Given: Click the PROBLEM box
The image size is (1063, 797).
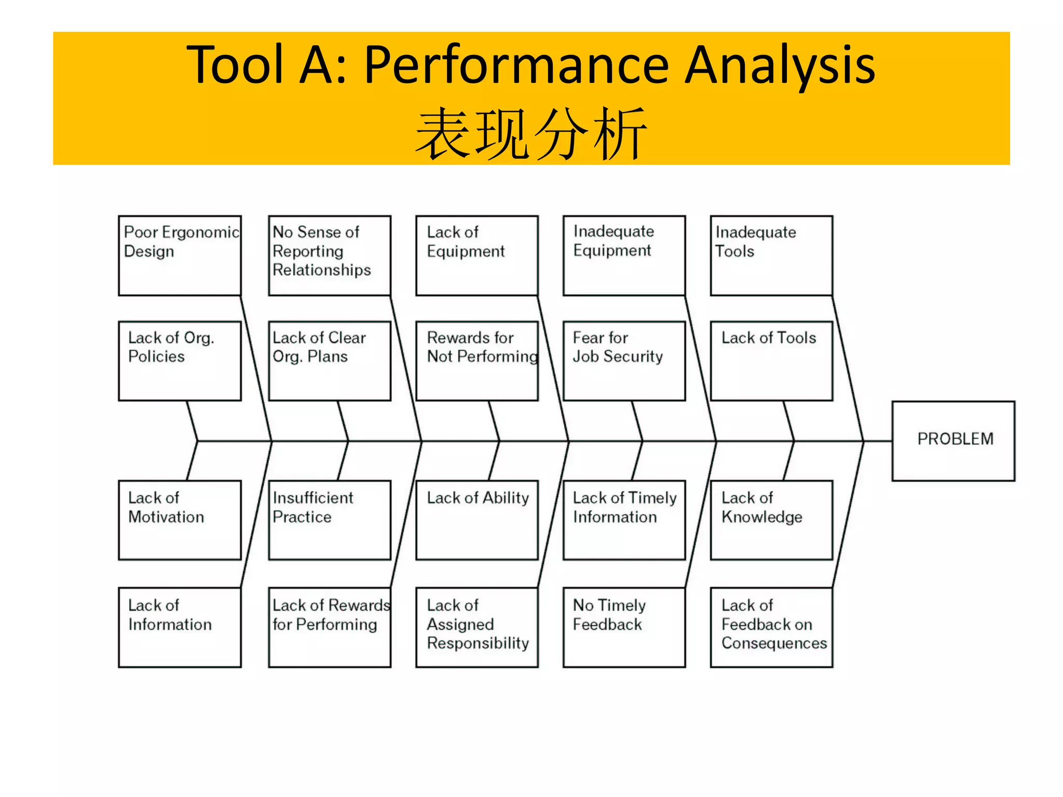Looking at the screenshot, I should click(x=953, y=441).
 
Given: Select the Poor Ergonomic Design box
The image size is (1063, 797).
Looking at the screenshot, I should click(x=180, y=256).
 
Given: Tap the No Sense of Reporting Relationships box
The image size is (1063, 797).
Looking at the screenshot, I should click(x=330, y=256).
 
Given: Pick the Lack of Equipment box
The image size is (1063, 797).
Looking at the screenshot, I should click(x=477, y=256).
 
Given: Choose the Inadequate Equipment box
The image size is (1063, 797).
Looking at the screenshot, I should click(x=624, y=256).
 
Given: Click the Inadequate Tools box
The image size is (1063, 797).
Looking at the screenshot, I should click(x=771, y=256).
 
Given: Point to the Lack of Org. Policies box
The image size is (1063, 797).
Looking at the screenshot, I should click(x=180, y=361).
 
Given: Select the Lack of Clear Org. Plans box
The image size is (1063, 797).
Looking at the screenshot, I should click(x=330, y=361).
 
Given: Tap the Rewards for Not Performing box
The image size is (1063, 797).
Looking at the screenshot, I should click(x=477, y=361).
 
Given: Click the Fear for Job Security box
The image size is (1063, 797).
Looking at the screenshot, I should click(x=624, y=361).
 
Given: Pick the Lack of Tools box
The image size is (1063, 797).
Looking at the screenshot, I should click(x=771, y=361).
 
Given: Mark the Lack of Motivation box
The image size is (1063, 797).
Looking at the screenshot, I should click(x=180, y=520).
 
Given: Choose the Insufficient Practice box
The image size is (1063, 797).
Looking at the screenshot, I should click(x=330, y=520).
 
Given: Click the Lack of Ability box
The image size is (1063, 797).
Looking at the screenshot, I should click(x=477, y=520).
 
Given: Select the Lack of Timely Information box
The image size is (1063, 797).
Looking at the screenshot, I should click(x=624, y=520).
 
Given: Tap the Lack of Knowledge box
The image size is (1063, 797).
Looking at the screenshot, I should click(x=771, y=520).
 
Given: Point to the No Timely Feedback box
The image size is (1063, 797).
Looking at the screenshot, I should click(x=624, y=627).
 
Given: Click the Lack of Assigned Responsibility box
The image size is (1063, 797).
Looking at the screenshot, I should click(x=477, y=627).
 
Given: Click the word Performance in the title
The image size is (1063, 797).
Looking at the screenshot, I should click(x=516, y=65).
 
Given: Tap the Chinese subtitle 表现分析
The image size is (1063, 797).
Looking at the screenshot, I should click(x=531, y=134).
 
